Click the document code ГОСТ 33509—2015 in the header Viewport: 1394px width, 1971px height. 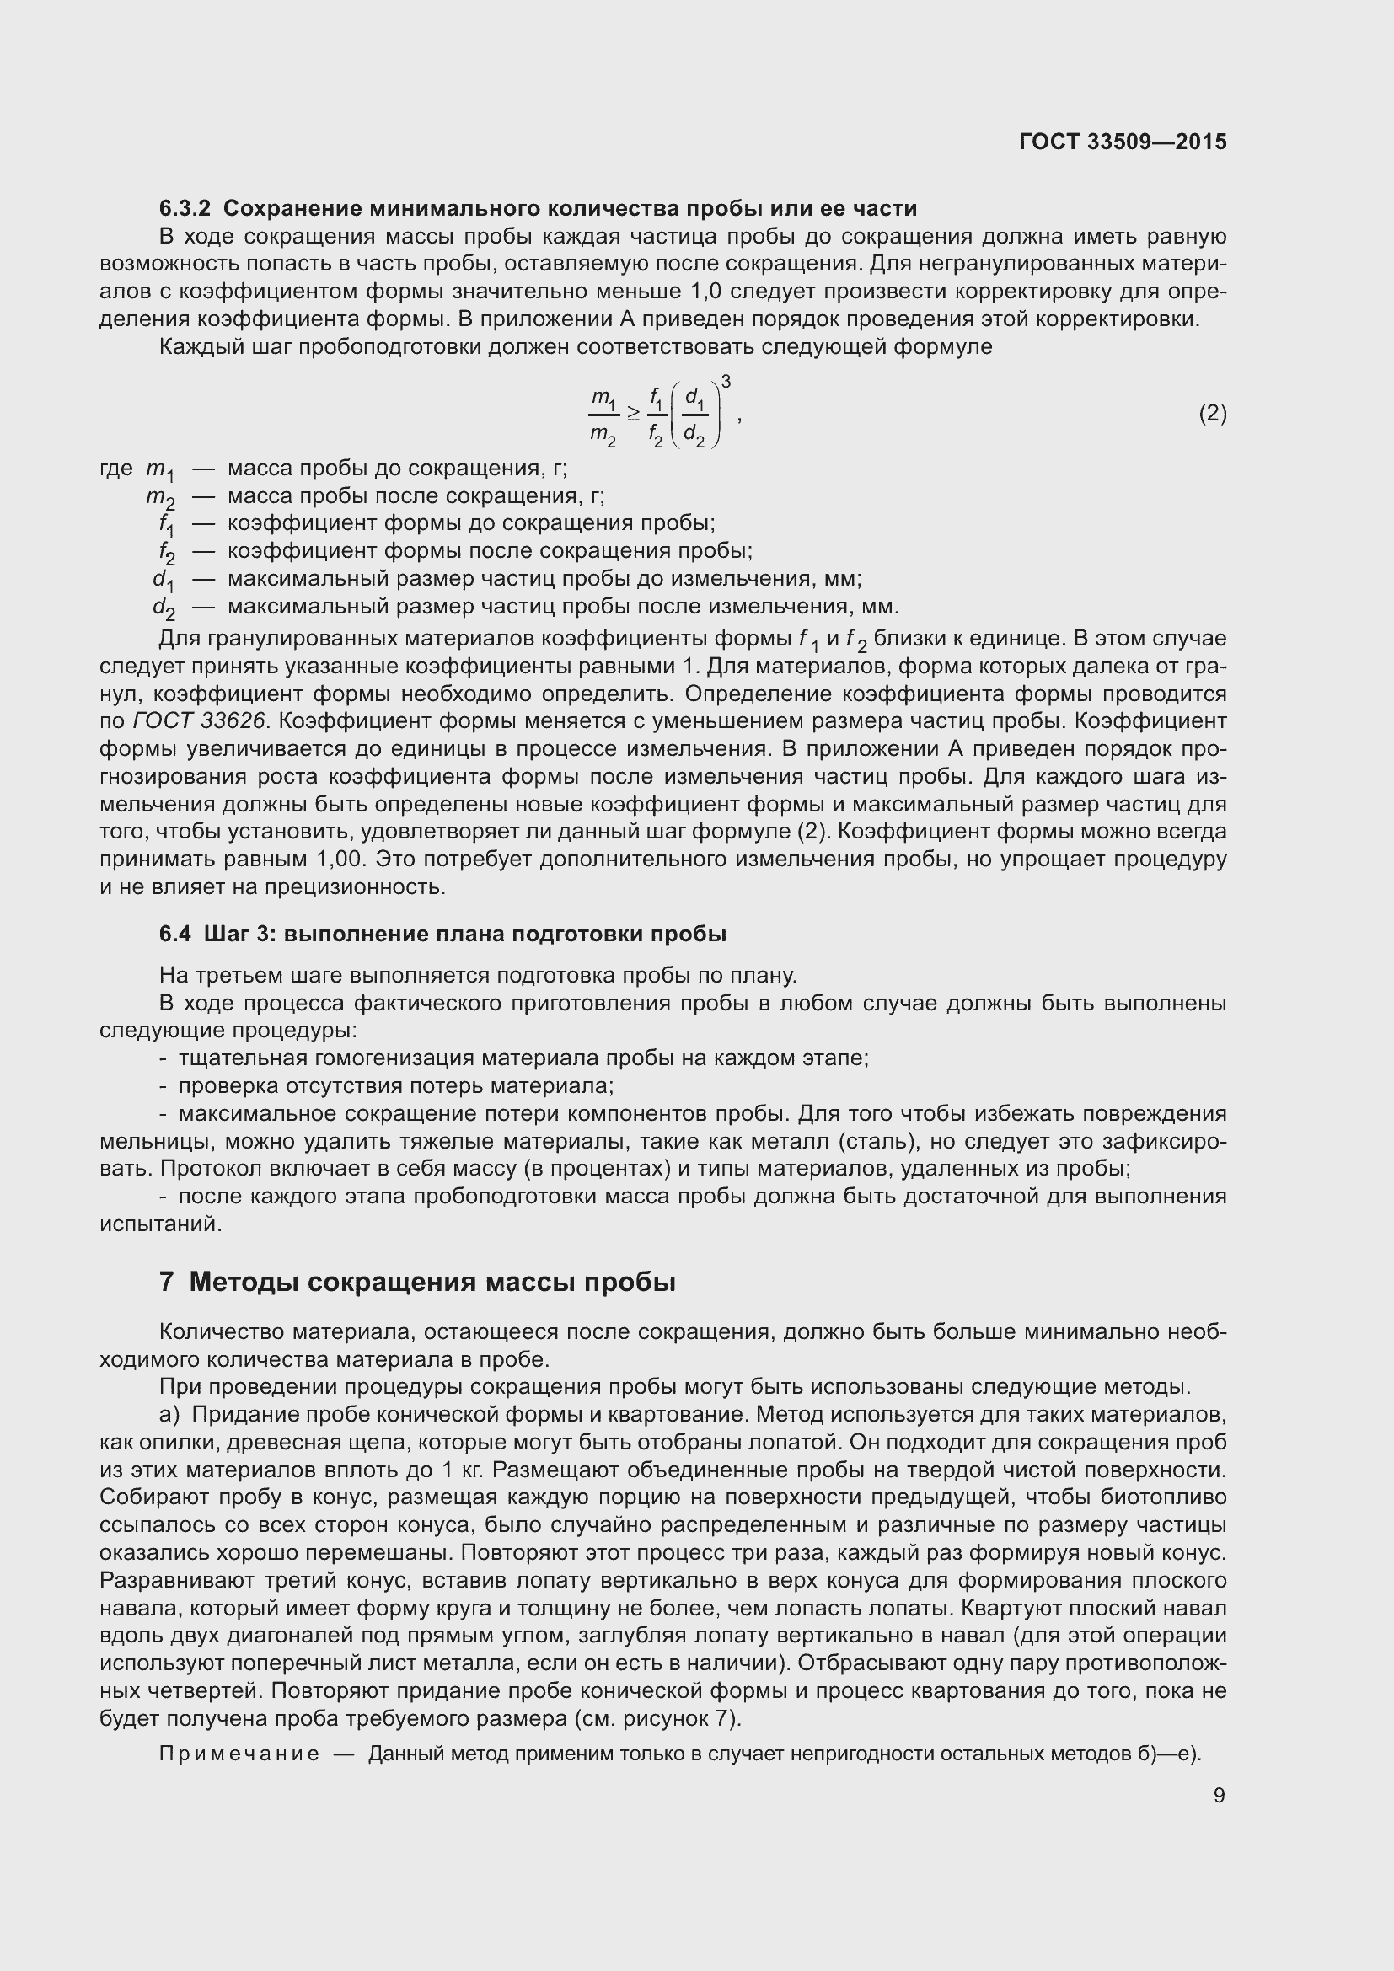[x=1123, y=142]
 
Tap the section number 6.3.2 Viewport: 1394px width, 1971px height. [x=185, y=209]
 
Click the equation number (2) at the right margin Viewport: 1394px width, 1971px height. [x=1212, y=414]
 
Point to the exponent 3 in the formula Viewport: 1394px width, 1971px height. [x=726, y=381]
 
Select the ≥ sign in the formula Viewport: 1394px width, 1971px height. [x=634, y=414]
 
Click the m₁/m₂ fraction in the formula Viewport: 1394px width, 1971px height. [x=603, y=415]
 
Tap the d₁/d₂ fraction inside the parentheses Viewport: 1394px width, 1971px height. [x=694, y=415]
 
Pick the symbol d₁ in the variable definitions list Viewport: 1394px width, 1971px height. [x=164, y=580]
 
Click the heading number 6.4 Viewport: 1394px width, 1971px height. [x=175, y=934]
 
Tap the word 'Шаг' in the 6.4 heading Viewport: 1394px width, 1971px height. [x=226, y=934]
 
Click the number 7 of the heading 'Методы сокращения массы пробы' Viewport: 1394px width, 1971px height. [x=167, y=1283]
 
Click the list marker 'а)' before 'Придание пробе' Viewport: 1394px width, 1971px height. [x=169, y=1415]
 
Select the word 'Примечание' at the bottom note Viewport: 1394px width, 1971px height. [x=239, y=1754]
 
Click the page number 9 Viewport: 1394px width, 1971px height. [x=1219, y=1795]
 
